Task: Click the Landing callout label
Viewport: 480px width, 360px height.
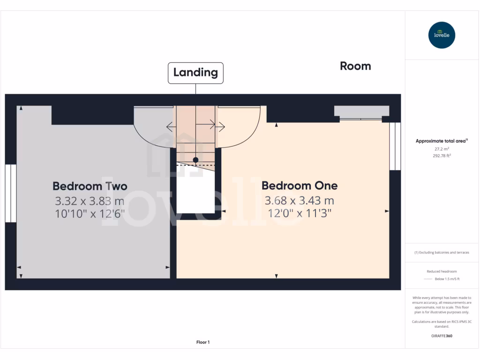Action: pyautogui.click(x=195, y=73)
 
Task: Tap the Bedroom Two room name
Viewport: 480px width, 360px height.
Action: pyautogui.click(x=90, y=186)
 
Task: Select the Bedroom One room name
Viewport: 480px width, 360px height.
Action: pyautogui.click(x=299, y=186)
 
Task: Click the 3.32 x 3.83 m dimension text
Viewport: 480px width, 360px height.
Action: pyautogui.click(x=90, y=201)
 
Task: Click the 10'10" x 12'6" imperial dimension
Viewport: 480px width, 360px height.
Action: pyautogui.click(x=90, y=214)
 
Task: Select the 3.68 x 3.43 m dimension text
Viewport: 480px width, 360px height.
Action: pyautogui.click(x=299, y=201)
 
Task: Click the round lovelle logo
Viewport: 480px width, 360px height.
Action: pyautogui.click(x=442, y=35)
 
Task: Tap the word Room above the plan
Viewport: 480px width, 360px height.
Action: pyautogui.click(x=355, y=66)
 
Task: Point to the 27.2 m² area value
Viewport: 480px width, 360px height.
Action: pyautogui.click(x=442, y=149)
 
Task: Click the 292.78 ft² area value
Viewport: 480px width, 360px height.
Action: pyautogui.click(x=442, y=156)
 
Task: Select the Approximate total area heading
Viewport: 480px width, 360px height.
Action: pyautogui.click(x=442, y=141)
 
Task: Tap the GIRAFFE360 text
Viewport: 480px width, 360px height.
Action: pyautogui.click(x=442, y=336)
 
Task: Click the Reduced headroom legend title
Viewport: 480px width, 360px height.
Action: pyautogui.click(x=442, y=271)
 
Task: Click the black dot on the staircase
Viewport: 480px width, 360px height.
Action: pyautogui.click(x=195, y=160)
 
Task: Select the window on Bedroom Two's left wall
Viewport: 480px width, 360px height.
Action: pyautogui.click(x=11, y=193)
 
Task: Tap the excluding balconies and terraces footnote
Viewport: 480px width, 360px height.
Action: pyautogui.click(x=442, y=253)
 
